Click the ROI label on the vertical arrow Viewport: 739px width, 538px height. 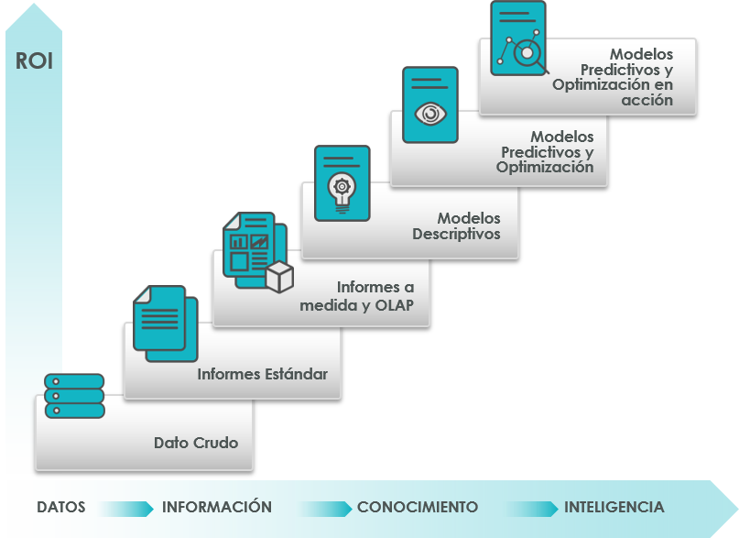(x=34, y=62)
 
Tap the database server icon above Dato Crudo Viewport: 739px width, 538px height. (x=74, y=396)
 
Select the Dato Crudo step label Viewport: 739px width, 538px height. (x=196, y=443)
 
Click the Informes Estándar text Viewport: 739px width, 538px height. (x=262, y=374)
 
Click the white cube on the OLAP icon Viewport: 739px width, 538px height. (x=279, y=276)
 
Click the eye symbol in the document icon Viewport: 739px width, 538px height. (x=429, y=113)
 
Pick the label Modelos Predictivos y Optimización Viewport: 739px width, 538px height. (x=545, y=152)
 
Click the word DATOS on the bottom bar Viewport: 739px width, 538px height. (x=61, y=507)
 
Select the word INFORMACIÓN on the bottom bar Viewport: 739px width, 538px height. (x=217, y=507)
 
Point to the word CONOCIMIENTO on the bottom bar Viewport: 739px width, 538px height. (x=418, y=507)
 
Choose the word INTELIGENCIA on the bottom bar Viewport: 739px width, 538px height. (x=614, y=507)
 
